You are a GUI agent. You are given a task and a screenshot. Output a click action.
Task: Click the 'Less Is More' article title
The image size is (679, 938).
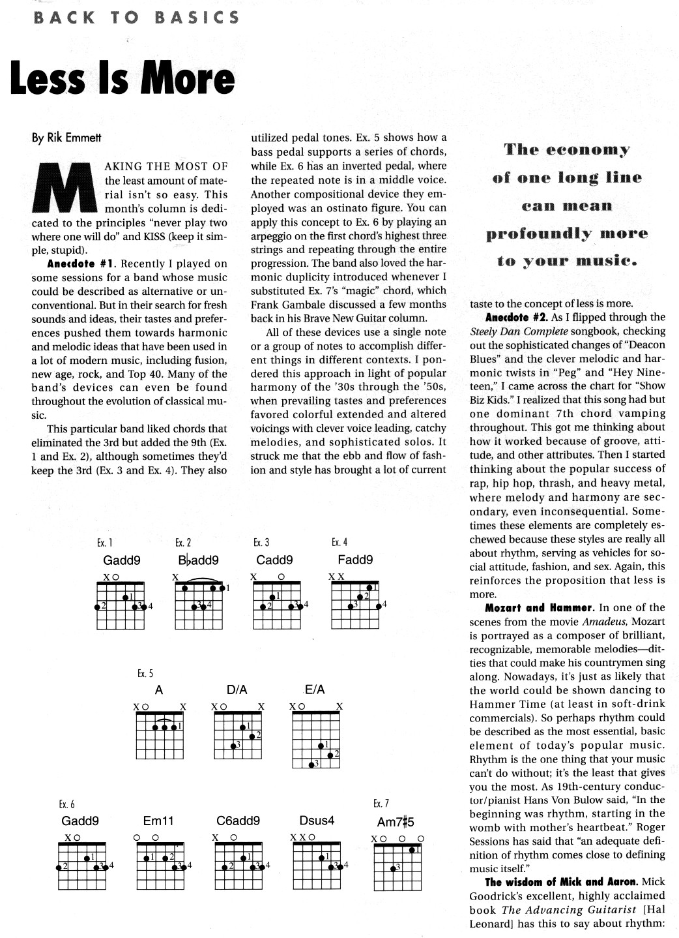[x=122, y=78]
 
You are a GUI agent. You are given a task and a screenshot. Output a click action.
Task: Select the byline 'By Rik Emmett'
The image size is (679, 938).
[x=67, y=138]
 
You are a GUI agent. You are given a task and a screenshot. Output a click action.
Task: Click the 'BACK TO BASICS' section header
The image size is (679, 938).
[x=136, y=18]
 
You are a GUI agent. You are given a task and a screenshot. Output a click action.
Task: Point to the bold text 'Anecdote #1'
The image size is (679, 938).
[x=81, y=264]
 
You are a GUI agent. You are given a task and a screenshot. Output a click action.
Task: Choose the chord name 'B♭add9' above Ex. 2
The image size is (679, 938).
[x=198, y=560]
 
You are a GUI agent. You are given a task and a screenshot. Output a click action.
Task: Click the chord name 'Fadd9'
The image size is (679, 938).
[x=355, y=560]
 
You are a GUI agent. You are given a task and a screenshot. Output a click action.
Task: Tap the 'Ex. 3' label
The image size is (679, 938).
[x=261, y=543]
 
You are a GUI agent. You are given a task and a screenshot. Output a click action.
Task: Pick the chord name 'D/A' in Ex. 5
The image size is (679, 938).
[x=237, y=689]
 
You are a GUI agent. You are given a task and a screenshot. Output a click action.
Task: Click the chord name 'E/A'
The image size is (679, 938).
[x=315, y=689]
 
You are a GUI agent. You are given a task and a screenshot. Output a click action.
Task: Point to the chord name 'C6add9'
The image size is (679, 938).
[x=238, y=821]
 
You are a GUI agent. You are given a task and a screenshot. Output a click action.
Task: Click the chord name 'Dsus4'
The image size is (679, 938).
[x=317, y=821]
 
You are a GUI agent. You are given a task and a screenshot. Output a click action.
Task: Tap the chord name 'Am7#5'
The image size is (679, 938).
[x=396, y=823]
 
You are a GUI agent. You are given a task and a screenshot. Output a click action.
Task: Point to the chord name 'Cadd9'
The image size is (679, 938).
[x=274, y=560]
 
